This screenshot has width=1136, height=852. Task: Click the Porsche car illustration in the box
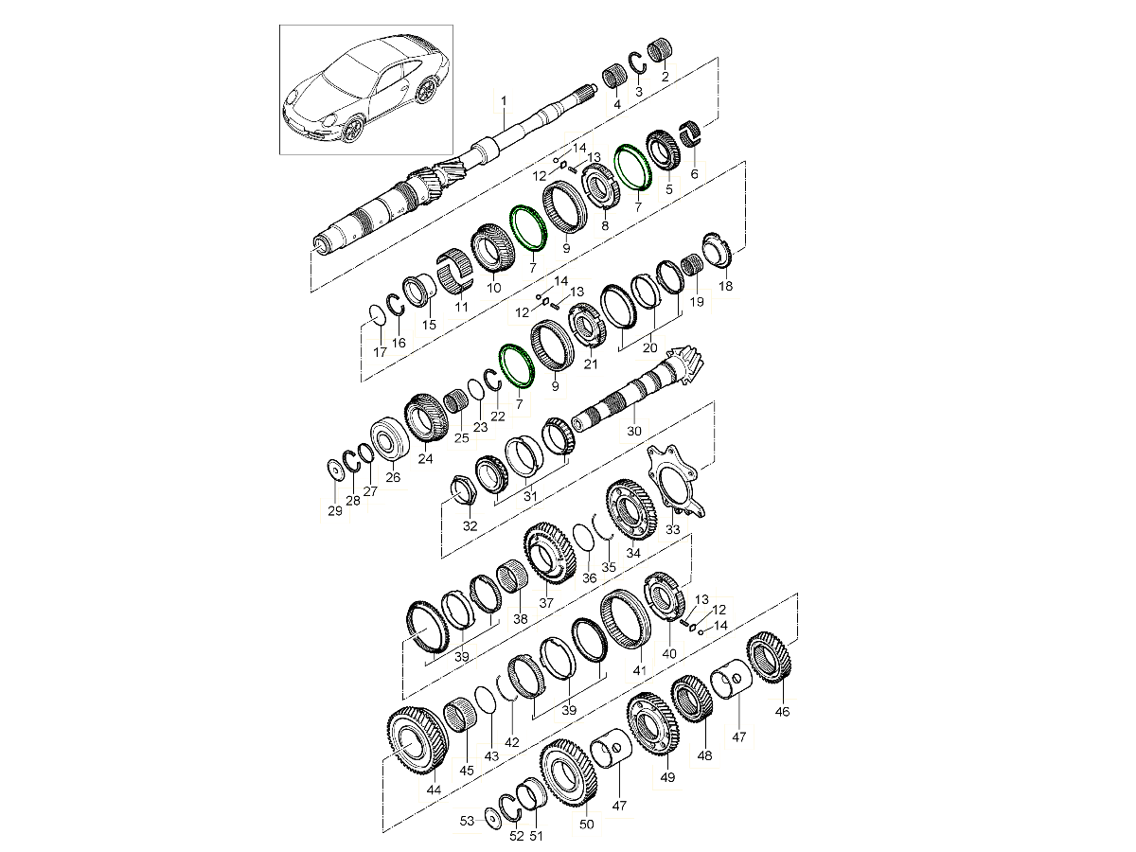365,90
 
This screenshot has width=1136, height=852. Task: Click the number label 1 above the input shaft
504,100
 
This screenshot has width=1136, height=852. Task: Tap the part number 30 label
634,431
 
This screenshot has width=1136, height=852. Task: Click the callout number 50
586,824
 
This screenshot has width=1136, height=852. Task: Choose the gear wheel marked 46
770,658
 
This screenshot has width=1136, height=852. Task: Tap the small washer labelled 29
336,470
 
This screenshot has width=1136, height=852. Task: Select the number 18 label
725,286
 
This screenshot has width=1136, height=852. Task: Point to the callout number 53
467,821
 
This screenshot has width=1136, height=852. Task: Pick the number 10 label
493,288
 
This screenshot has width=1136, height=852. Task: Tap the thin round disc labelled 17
377,316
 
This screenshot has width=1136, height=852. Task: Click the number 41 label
639,670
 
